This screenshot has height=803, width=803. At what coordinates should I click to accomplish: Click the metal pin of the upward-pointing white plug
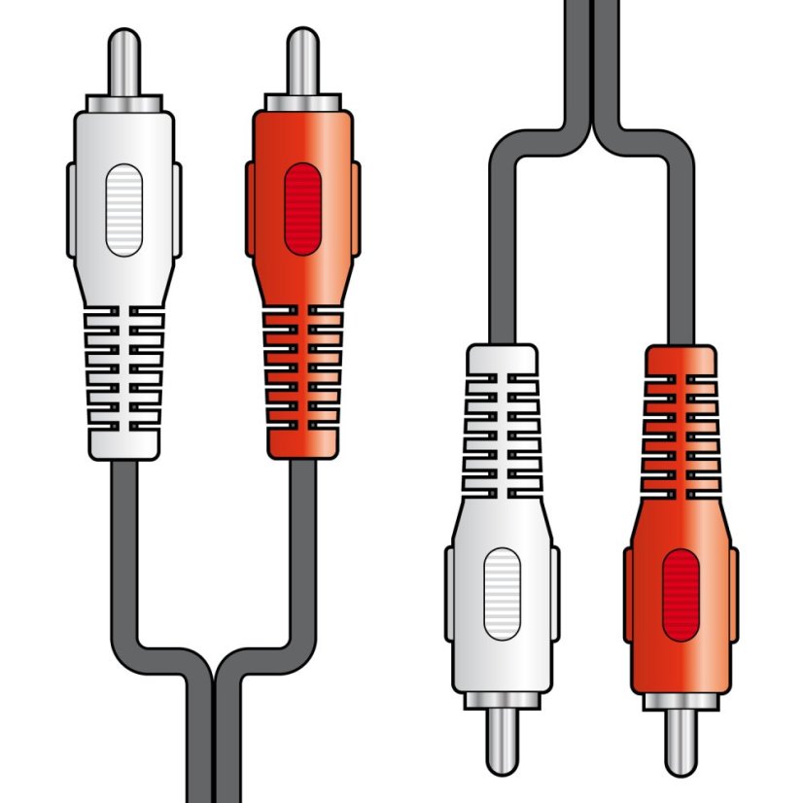(x=123, y=62)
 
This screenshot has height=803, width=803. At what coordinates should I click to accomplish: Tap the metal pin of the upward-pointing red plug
(x=302, y=62)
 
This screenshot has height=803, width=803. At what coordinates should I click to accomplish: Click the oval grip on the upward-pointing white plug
(x=123, y=209)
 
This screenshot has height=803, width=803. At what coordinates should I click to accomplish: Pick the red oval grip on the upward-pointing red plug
(x=302, y=209)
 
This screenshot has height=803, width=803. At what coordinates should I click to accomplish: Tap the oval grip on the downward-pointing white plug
(x=502, y=594)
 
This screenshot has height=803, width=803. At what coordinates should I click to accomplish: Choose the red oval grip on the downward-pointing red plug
(x=681, y=594)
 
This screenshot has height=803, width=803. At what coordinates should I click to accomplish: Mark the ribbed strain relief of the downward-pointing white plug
(x=502, y=428)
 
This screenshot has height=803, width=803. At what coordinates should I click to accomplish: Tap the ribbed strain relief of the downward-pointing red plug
(x=681, y=428)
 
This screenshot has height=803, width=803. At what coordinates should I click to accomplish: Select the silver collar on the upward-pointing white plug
(x=123, y=103)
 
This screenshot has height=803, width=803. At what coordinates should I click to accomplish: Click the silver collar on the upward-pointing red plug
(x=302, y=103)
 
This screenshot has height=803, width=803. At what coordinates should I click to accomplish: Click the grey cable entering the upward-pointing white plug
(x=123, y=544)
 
